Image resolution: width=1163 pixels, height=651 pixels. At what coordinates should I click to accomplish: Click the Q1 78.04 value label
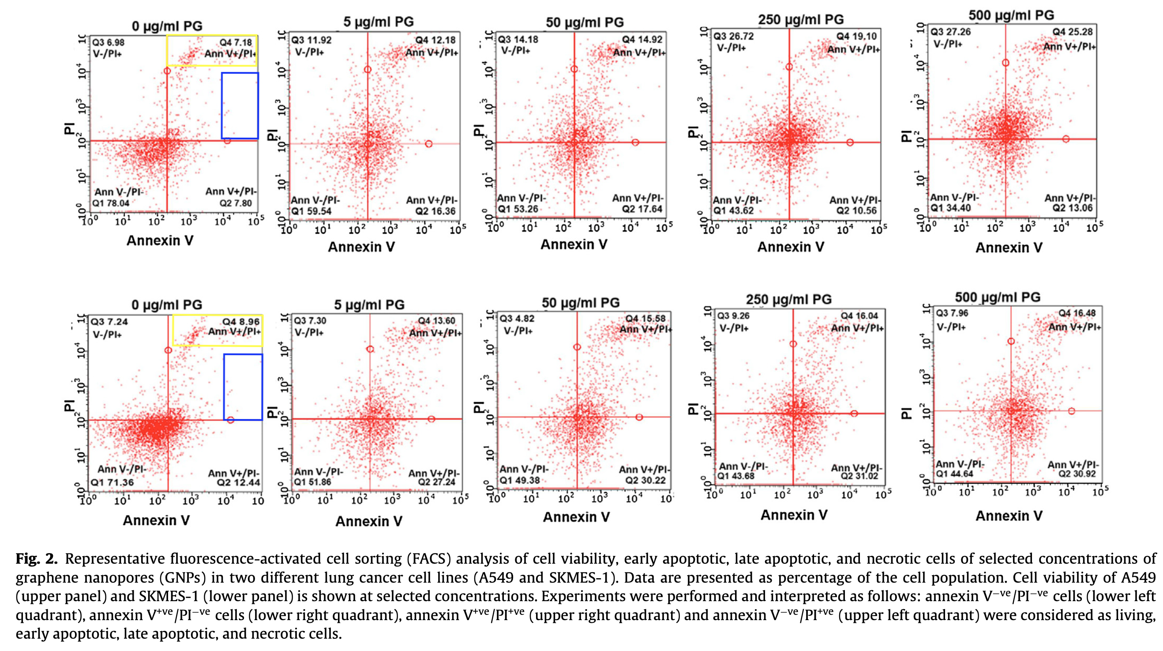coord(111,203)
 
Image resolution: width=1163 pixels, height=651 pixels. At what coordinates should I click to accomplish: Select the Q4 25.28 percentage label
coord(1072,32)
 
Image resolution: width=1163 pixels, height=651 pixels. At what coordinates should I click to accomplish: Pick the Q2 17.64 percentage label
coord(642,209)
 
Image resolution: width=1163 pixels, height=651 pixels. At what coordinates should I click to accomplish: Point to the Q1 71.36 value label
coord(113,482)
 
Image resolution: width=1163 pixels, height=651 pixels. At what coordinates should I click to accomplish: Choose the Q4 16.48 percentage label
coord(1077,313)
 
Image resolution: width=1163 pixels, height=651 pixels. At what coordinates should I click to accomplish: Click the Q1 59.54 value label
coord(311,211)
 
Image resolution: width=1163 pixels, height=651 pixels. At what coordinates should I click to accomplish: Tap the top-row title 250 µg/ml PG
coord(800,19)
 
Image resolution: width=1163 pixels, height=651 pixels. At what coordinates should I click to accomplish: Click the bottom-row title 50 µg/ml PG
coord(581,303)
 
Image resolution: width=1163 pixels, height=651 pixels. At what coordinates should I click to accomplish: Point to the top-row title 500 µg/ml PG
coord(1011,15)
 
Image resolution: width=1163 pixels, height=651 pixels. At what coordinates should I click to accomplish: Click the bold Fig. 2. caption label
coord(37,559)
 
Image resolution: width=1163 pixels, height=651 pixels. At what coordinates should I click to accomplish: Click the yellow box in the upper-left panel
coord(212,51)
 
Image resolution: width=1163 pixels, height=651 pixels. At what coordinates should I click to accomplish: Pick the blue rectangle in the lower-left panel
coord(243,387)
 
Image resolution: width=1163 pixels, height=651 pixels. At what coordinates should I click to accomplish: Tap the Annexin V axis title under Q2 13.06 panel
coord(1009,247)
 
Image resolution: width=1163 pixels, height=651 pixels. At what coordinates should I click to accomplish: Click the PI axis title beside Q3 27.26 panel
coord(906,135)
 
